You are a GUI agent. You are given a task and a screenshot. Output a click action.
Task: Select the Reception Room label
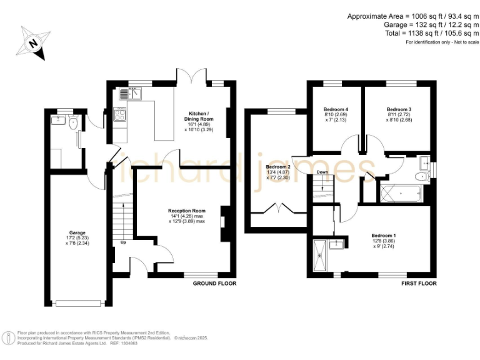coord(186,211)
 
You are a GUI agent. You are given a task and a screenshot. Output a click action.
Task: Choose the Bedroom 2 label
coord(278,167)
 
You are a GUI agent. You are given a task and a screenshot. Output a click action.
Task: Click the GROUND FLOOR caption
coord(214,283)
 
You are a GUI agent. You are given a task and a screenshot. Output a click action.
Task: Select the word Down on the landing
coord(322,171)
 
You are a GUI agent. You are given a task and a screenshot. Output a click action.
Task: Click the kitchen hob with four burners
coord(120,114)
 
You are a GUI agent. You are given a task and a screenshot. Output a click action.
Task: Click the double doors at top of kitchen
coord(190,79)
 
